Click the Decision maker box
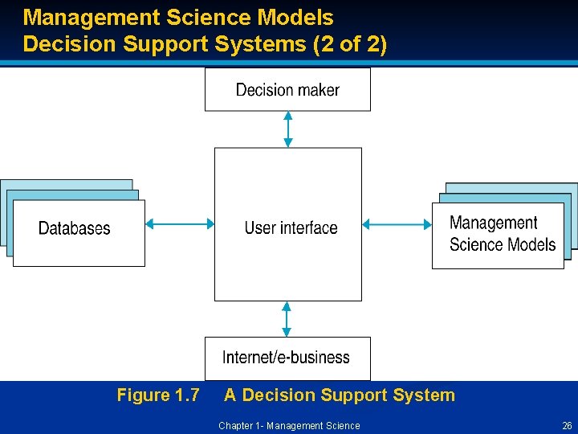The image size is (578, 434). (x=287, y=89)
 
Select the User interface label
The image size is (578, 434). (x=291, y=228)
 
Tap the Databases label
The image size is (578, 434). (x=75, y=229)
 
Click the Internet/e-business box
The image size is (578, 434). (x=287, y=358)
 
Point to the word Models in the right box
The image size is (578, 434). (x=527, y=245)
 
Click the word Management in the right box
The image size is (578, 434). (x=493, y=223)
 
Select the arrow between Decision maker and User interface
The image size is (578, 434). (x=288, y=129)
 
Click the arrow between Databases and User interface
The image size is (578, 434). (x=180, y=224)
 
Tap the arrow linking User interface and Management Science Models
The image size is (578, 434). (x=397, y=224)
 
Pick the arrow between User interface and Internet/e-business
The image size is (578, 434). (x=287, y=319)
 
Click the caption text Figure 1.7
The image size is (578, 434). (x=158, y=395)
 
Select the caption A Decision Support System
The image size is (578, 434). (x=339, y=395)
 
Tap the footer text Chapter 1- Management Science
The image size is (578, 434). (x=289, y=426)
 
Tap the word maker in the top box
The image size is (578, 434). (x=318, y=90)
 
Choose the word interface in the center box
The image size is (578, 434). (x=309, y=228)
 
